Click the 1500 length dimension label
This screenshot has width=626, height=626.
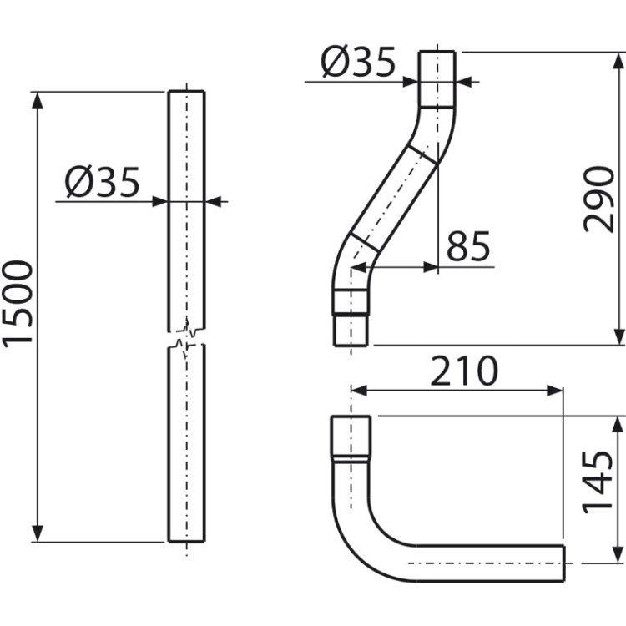tap(18, 304)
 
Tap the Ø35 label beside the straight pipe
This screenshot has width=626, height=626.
tap(103, 182)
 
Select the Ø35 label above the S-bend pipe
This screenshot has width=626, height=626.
tap(358, 62)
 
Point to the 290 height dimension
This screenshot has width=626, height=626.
tap(598, 199)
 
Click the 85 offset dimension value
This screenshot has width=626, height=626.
tap(468, 245)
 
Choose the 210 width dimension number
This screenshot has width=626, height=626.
tap(464, 371)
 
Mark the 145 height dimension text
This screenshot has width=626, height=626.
tap(598, 482)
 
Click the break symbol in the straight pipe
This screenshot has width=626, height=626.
tap(187, 338)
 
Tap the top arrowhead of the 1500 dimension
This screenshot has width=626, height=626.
tap(37, 100)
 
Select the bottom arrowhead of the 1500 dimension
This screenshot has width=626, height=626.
tap(37, 534)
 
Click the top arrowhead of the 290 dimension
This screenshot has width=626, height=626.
tap(618, 60)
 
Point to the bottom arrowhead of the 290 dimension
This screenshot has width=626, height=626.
tap(618, 336)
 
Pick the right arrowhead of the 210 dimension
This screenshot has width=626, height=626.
tap(554, 391)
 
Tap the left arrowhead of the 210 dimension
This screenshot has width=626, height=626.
tap(359, 391)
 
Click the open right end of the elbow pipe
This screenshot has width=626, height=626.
tap(563, 563)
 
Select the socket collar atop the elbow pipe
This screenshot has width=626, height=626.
tap(351, 438)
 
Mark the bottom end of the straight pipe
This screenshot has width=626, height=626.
tap(187, 541)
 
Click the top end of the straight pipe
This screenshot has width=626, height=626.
tap(187, 92)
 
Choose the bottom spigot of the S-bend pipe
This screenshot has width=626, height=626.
tap(351, 331)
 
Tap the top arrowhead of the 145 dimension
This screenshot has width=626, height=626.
tap(618, 424)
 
